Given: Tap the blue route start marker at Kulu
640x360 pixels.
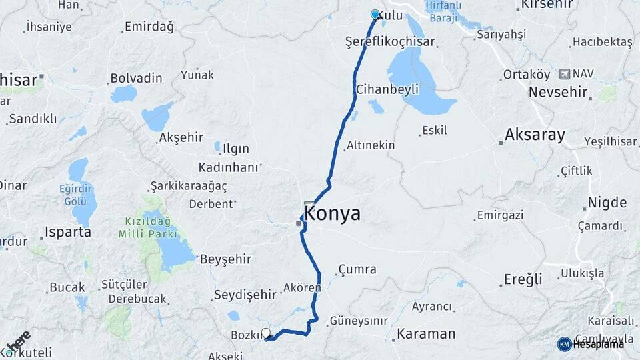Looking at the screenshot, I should [375, 15].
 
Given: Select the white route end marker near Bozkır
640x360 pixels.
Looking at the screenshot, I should [266, 333].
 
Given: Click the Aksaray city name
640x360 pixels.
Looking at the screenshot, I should [535, 135].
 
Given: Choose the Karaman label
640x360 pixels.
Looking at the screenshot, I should [426, 333].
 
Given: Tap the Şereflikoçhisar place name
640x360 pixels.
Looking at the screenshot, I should [390, 41].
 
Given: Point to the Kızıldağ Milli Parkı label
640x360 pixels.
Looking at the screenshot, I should [147, 227].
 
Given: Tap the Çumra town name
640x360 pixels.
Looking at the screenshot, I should [357, 270].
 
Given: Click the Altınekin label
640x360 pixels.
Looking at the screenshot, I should [371, 145].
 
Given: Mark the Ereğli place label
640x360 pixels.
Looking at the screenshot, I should [524, 279].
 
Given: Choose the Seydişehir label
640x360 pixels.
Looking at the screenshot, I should [245, 294].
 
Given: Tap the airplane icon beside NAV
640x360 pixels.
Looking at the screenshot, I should [566, 73].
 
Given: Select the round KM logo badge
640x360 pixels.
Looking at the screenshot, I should [565, 344].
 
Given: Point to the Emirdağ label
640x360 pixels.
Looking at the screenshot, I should [148, 28].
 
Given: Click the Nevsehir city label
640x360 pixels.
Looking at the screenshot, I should [559, 92].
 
